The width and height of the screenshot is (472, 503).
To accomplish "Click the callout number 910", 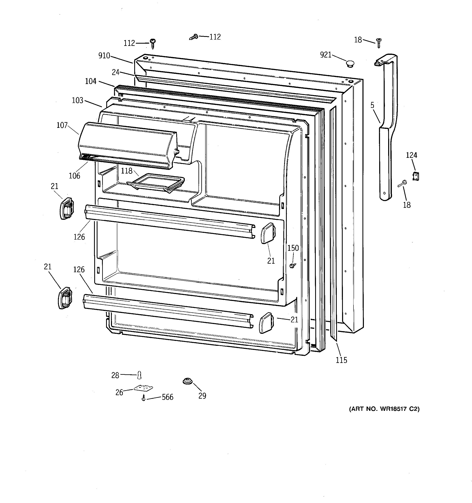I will [104, 56].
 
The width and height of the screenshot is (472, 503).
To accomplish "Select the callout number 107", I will [62, 125].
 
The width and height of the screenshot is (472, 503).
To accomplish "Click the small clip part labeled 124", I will [415, 176].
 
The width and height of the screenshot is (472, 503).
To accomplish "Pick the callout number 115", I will [341, 360].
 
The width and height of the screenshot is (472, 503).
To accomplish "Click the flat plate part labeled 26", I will [143, 388].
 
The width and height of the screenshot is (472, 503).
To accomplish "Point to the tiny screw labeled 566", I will [144, 398].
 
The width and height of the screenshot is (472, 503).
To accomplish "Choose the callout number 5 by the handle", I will [372, 105].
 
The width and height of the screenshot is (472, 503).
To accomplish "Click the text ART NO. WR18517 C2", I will [384, 409].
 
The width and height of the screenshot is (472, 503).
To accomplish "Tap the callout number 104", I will [91, 81].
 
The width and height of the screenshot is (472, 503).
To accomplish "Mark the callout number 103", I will [78, 101].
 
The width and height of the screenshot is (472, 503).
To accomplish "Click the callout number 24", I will [116, 72].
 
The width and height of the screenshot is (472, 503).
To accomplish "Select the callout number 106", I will [74, 176].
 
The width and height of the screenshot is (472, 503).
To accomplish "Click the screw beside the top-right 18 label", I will [379, 43].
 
